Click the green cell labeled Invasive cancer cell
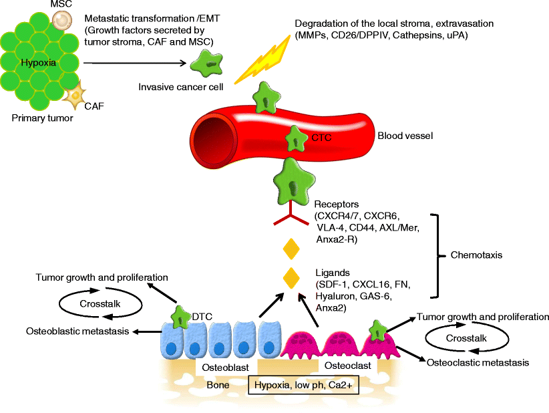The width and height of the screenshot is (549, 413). click(211, 64)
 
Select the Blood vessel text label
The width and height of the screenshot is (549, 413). click(405, 136)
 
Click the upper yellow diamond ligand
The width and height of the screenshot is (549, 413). click(290, 250)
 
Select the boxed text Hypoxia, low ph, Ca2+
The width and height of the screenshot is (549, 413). click(305, 385)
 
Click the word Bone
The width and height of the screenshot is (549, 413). click(218, 385)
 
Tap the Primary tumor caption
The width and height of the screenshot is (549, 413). click(41, 118)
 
